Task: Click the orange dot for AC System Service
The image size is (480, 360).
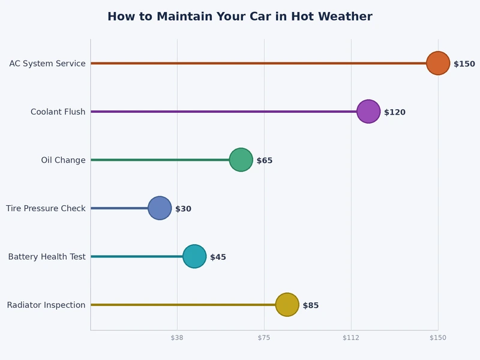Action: click(x=438, y=63)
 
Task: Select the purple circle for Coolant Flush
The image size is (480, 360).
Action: click(x=368, y=112)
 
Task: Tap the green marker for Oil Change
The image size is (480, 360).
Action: click(x=241, y=160)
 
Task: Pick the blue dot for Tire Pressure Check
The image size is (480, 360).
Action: click(x=160, y=208)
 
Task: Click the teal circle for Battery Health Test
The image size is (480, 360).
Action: click(x=194, y=256)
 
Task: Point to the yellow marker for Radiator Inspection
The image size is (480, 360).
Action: click(x=287, y=305)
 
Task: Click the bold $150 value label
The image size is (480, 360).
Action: click(x=464, y=64)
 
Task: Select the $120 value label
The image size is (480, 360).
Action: click(x=394, y=112)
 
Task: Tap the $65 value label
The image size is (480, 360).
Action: click(x=265, y=161)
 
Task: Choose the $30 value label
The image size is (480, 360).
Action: click(x=183, y=209)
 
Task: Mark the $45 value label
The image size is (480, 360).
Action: click(x=218, y=257)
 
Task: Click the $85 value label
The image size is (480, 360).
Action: click(x=311, y=305)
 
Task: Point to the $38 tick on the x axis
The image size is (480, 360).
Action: click(x=177, y=338)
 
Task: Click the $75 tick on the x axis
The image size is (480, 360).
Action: click(x=264, y=338)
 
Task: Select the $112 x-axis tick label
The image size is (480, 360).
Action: click(x=351, y=338)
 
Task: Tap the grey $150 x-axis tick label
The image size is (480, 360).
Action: click(x=438, y=338)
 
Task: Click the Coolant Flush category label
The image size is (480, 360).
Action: click(x=58, y=112)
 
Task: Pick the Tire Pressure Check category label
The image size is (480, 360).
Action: click(x=46, y=209)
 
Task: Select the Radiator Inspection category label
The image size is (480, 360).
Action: click(x=46, y=305)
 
